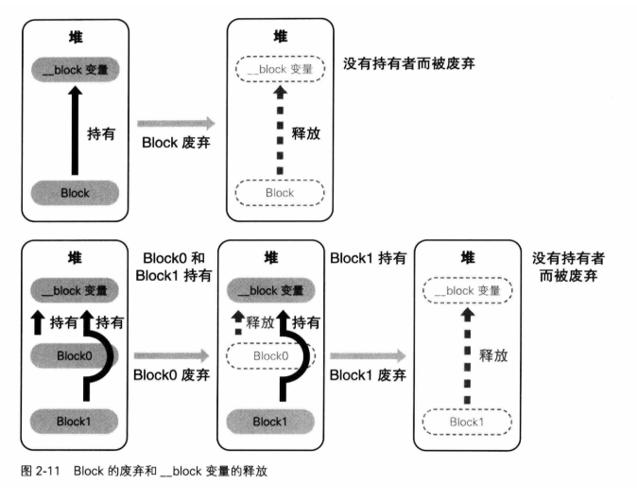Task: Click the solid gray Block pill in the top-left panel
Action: pyautogui.click(x=75, y=192)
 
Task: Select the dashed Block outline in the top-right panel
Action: pyautogui.click(x=279, y=192)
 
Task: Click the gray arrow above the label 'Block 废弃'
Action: pyautogui.click(x=177, y=123)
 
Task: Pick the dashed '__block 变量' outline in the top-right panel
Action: pyautogui.click(x=279, y=68)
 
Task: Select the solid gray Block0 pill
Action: pyautogui.click(x=75, y=356)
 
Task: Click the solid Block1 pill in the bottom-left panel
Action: pyautogui.click(x=75, y=420)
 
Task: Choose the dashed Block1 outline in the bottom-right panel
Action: pyautogui.click(x=465, y=421)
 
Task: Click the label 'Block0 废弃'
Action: pyautogui.click(x=171, y=374)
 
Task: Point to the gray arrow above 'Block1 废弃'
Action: pyautogui.click(x=368, y=355)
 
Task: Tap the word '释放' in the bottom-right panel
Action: pyautogui.click(x=494, y=355)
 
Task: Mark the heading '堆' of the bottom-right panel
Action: pyautogui.click(x=465, y=257)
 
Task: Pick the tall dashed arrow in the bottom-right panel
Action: pyautogui.click(x=465, y=355)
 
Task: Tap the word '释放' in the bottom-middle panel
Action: pyautogui.click(x=259, y=322)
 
